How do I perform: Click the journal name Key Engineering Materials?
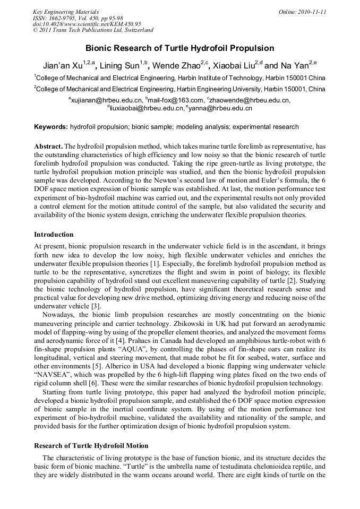click(x=66, y=12)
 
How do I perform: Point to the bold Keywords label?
click(x=51, y=127)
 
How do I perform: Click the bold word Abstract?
click(x=48, y=146)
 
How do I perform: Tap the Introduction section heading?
click(x=54, y=234)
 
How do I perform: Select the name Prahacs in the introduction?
click(x=139, y=329)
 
